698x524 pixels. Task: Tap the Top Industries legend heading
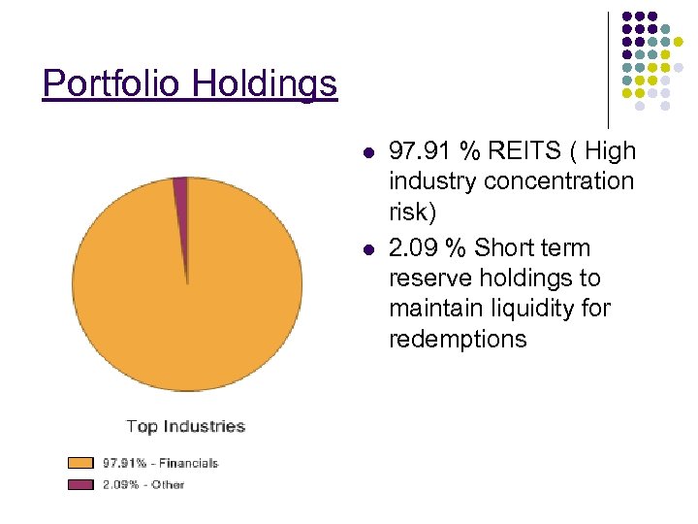click(x=186, y=426)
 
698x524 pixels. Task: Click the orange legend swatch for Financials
click(x=79, y=463)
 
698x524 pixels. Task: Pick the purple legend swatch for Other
click(x=79, y=483)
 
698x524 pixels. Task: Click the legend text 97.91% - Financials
click(x=160, y=463)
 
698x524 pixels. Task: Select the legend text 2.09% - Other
click(x=143, y=483)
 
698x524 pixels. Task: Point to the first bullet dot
click(x=367, y=153)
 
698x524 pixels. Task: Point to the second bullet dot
click(x=367, y=249)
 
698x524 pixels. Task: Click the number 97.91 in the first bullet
click(x=420, y=151)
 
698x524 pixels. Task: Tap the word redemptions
click(x=458, y=339)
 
